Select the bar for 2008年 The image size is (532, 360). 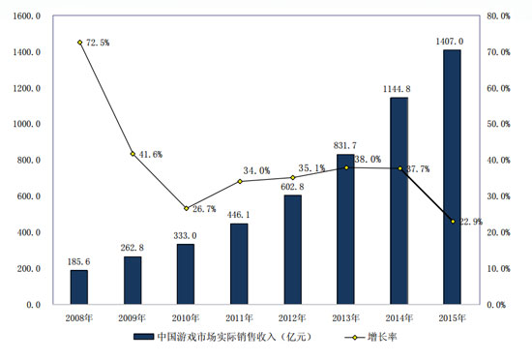[79, 286]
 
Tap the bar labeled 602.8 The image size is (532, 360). [292, 250]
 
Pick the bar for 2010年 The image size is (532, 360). [186, 274]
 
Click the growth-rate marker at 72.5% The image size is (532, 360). [79, 43]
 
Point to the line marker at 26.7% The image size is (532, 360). [186, 208]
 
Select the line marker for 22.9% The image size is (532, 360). [453, 222]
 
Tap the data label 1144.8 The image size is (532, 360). [398, 89]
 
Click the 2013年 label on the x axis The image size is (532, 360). [345, 316]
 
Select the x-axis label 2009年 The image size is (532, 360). [133, 316]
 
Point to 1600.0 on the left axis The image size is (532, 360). [25, 16]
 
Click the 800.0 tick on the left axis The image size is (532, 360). [27, 161]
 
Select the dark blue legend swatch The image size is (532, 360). [139, 338]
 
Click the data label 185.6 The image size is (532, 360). [79, 261]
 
